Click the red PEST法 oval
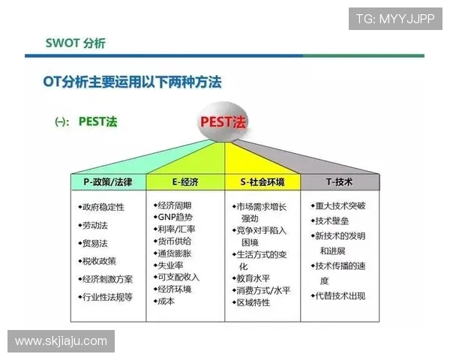(x=226, y=121)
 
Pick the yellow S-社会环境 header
(x=263, y=182)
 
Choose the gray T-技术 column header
(x=339, y=182)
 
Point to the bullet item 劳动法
(x=94, y=224)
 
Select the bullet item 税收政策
(x=99, y=261)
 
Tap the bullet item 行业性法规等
(x=106, y=297)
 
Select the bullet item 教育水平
(x=253, y=277)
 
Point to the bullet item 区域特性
(x=253, y=301)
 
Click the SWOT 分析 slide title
(x=76, y=43)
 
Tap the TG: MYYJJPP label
(x=394, y=19)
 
